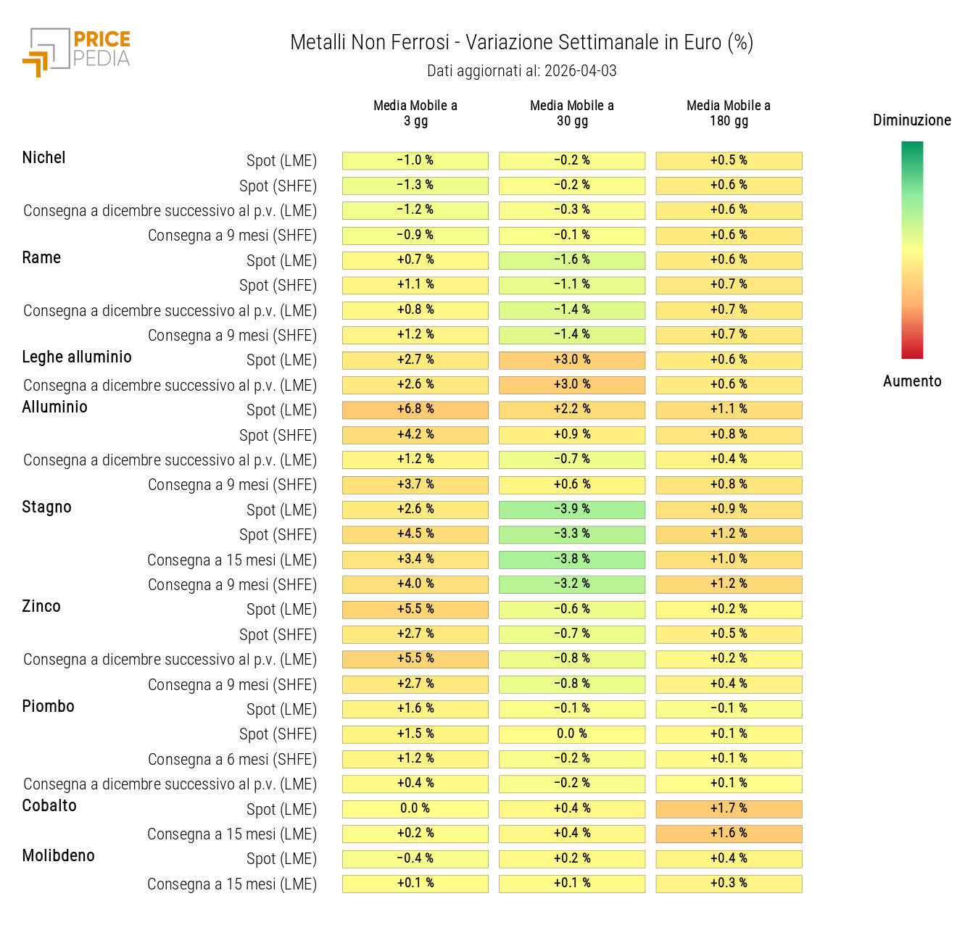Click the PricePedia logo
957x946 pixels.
(76, 51)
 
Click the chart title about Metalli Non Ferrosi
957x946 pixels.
(521, 43)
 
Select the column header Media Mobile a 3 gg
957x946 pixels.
(415, 113)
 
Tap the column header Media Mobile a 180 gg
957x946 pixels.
(729, 113)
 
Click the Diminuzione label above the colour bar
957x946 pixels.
(911, 120)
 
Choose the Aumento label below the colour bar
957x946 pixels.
(911, 381)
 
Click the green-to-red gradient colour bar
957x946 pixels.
(911, 250)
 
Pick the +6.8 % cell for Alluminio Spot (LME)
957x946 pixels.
(415, 410)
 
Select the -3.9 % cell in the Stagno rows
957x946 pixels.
(572, 510)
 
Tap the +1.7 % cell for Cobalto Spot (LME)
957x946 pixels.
(729, 809)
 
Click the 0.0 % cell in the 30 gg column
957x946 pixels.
(572, 734)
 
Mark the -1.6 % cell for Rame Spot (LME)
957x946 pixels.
(572, 260)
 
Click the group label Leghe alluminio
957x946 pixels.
(77, 357)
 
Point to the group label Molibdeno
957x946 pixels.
(59, 856)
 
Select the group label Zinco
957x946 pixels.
(41, 607)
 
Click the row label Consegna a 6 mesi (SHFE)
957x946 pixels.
(232, 760)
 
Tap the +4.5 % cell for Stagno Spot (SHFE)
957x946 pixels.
(415, 534)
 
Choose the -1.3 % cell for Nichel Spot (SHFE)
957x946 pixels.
(415, 186)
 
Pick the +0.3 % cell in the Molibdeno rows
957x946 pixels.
(729, 884)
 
